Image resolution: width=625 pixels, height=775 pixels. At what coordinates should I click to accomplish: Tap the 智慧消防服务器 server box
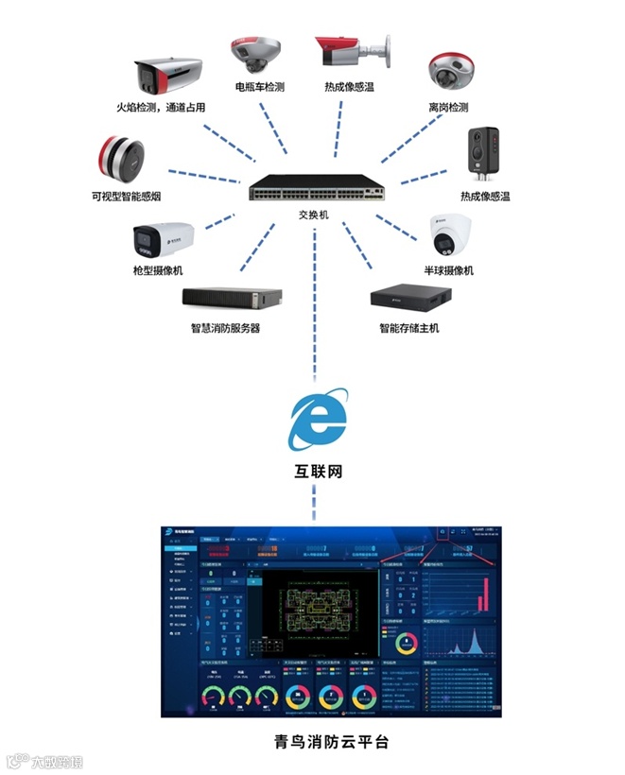point(233,299)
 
